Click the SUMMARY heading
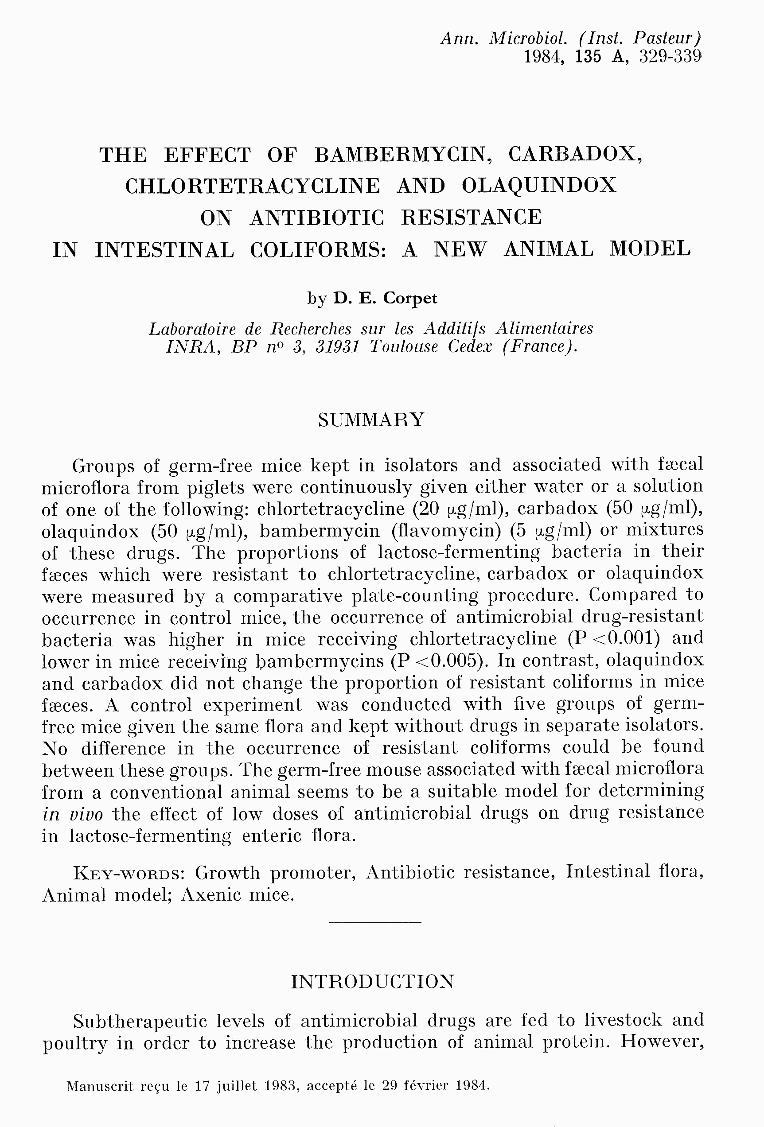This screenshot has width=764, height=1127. point(371,420)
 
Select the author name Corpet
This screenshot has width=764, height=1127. point(410,298)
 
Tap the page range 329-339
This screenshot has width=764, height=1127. point(670,57)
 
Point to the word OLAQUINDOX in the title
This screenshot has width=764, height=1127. point(539,186)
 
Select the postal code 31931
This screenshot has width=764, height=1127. point(337,347)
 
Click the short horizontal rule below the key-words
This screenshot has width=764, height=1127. point(375,922)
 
